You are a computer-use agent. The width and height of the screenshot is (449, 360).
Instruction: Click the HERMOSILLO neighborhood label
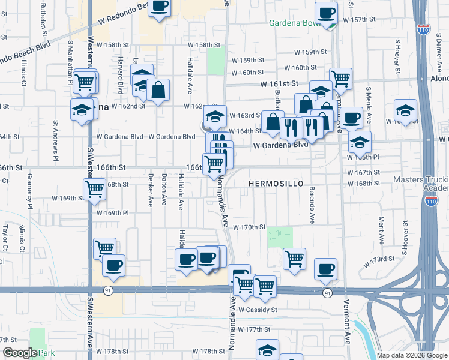(272, 182)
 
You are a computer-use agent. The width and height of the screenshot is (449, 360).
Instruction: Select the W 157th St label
(359, 20)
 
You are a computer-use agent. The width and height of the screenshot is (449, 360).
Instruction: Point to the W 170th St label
(250, 227)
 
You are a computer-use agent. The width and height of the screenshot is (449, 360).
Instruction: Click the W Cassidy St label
(258, 310)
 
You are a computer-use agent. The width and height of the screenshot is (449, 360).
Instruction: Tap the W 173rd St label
(379, 259)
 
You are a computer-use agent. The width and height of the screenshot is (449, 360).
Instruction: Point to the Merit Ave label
(381, 231)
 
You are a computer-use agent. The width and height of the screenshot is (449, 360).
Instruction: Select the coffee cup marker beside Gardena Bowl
(327, 13)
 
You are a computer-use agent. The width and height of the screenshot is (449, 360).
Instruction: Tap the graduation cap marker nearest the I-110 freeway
(405, 110)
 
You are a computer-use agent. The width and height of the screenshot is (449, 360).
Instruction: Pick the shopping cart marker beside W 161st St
(340, 77)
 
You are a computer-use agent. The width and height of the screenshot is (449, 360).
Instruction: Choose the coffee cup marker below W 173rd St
(325, 269)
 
